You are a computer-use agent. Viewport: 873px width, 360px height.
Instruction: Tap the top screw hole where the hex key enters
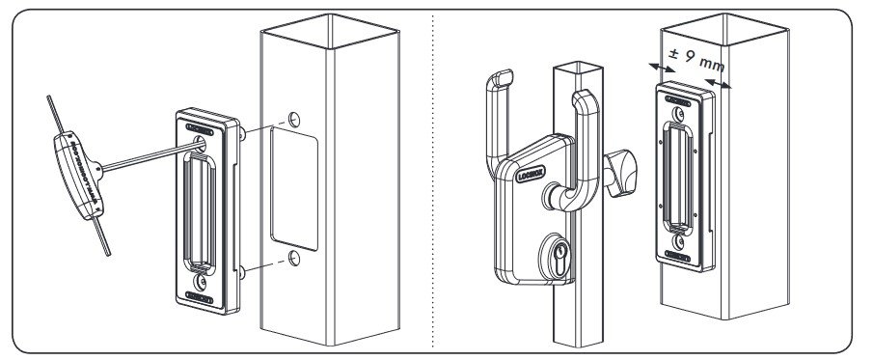pos(201,143)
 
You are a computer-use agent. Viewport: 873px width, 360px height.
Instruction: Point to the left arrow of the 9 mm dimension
pos(661,67)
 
